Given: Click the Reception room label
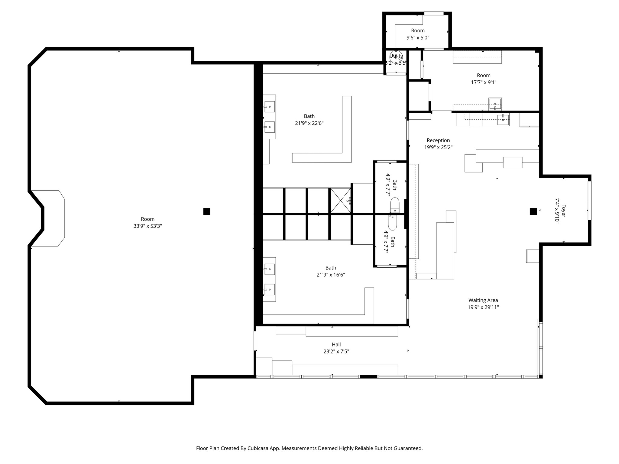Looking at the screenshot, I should pyautogui.click(x=438, y=140).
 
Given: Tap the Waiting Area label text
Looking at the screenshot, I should pyautogui.click(x=483, y=300).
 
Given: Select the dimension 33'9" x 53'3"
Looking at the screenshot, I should pyautogui.click(x=147, y=226).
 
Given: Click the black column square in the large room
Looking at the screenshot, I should pyautogui.click(x=207, y=211).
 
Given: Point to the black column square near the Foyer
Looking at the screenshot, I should pyautogui.click(x=533, y=211).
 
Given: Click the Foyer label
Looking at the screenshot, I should pyautogui.click(x=563, y=211).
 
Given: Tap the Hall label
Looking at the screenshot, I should pyautogui.click(x=336, y=344).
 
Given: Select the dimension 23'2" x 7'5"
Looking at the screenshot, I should pyautogui.click(x=336, y=351).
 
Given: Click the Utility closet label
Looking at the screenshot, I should pyautogui.click(x=396, y=56).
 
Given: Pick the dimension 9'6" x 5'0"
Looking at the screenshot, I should pyautogui.click(x=418, y=38).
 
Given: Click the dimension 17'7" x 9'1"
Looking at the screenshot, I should pyautogui.click(x=484, y=82).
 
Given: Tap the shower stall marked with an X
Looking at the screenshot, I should pyautogui.click(x=341, y=200).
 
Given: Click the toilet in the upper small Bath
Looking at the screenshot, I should pyautogui.click(x=395, y=205).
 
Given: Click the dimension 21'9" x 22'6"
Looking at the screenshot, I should pyautogui.click(x=309, y=123).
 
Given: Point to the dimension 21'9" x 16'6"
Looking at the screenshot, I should pyautogui.click(x=331, y=275).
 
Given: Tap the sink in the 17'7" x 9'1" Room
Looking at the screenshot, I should pyautogui.click(x=495, y=105).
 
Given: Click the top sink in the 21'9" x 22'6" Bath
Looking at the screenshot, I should pyautogui.click(x=269, y=107).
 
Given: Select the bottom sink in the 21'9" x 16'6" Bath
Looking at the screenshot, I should pyautogui.click(x=269, y=289).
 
